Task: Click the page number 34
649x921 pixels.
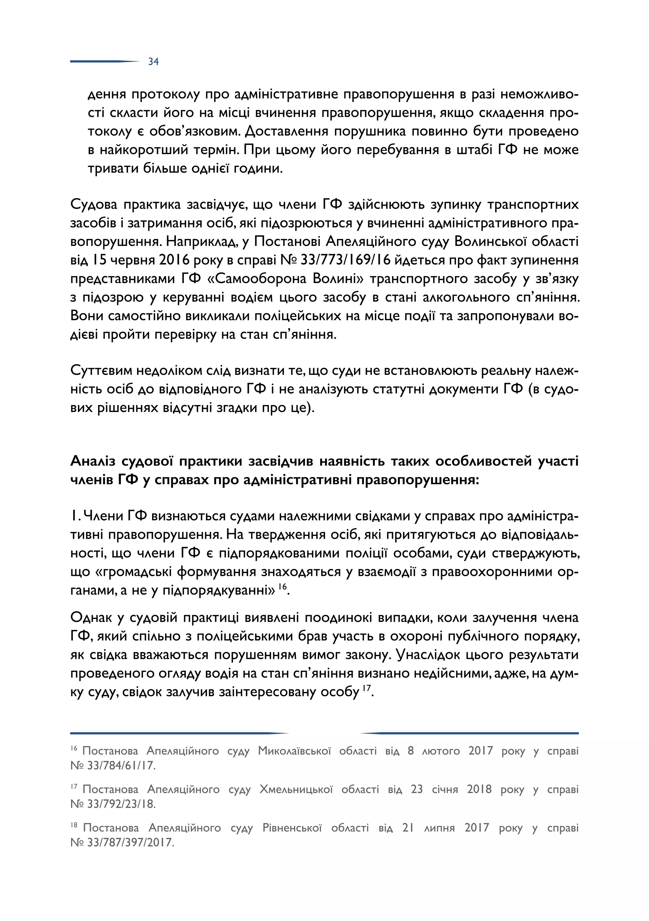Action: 153,62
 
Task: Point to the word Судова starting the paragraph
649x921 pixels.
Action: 93,204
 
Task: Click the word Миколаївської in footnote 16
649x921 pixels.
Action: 294,751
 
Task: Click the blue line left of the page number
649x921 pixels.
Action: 104,61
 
